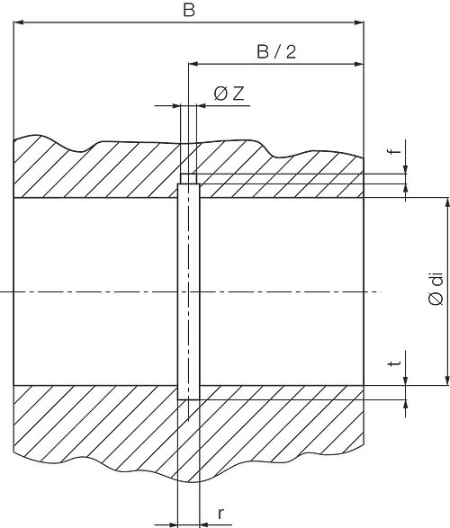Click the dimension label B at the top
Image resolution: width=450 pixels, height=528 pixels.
tap(189, 10)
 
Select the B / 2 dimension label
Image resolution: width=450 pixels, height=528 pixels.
tap(276, 52)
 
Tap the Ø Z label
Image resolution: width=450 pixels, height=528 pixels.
tap(229, 94)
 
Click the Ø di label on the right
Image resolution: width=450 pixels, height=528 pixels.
tap(436, 290)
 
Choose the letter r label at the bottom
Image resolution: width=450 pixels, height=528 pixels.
tap(220, 514)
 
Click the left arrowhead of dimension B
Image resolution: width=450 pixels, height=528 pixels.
tap(18, 22)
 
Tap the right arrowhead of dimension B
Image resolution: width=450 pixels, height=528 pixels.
tap(359, 22)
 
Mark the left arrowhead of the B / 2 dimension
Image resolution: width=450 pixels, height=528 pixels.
tap(193, 64)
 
